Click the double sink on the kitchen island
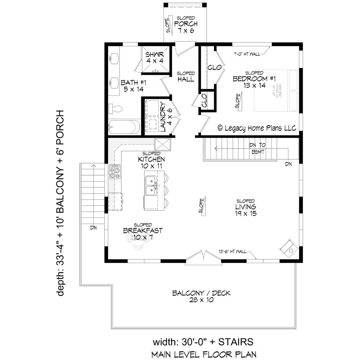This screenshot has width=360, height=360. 151,186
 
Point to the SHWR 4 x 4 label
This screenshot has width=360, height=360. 155,57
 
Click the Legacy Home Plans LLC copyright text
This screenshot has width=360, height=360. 257,128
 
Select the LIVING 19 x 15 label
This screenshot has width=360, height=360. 246,207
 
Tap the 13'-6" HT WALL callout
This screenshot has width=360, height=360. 233,251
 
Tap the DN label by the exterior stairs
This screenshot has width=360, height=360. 93,228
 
